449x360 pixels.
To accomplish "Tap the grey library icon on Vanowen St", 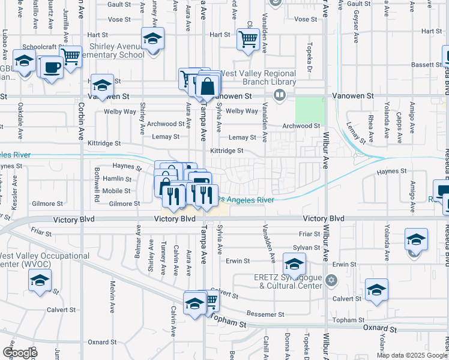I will [279, 95].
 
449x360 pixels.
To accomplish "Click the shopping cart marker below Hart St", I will [248, 40].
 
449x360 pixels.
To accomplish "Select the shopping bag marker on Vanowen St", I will [207, 86].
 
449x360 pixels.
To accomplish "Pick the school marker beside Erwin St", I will [294, 264].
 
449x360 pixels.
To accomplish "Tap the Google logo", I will [19, 353].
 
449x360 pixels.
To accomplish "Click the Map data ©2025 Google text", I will [412, 355].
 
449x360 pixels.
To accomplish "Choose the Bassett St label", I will [427, 64].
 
